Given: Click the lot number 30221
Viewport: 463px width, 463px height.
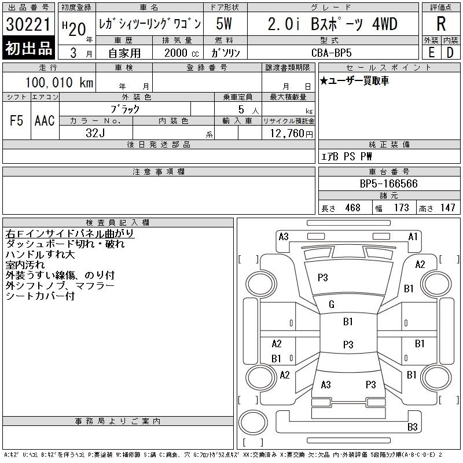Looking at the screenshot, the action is pos(28,24).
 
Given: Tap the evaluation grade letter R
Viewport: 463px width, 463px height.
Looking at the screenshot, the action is pos(441,24).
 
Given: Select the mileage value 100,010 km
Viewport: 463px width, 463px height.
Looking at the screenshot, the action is pos(59,82).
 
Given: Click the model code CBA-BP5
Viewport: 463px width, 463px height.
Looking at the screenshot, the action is pos(331,53).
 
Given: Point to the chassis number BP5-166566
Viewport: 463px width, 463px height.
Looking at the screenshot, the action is pos(388,183).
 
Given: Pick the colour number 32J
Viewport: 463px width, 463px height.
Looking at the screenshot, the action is pos(95,133).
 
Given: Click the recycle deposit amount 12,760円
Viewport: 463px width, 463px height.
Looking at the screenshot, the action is pos(291,134).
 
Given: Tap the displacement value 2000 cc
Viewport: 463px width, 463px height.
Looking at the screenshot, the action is pos(181,53).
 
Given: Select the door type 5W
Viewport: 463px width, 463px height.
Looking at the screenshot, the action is pos(224,24).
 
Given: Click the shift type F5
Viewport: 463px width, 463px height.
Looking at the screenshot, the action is pos(16,120).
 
